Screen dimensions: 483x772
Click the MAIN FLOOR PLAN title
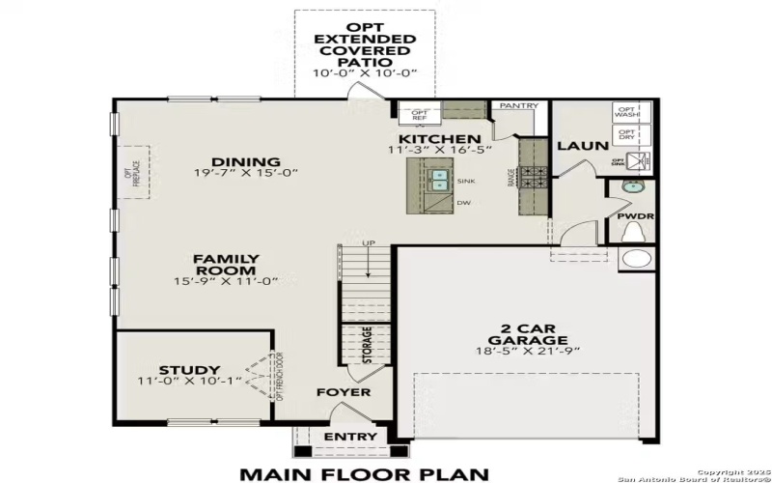pos(365,473)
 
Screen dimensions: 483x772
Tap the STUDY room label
pos(189,370)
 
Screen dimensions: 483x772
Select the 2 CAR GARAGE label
pos(527,333)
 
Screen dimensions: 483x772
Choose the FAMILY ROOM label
pos(226,265)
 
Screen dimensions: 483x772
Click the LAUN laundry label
pos(582,146)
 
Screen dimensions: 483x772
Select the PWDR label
pos(635,216)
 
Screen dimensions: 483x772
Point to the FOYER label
pos(344,392)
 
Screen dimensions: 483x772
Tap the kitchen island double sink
pos(439,181)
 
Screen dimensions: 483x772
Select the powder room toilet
pos(634,233)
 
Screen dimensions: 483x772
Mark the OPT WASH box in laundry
pos(626,112)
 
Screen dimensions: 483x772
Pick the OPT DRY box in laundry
pos(626,134)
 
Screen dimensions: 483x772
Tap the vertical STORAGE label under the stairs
pos(367,346)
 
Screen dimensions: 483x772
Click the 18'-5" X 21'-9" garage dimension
pos(527,350)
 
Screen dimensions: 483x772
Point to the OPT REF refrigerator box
pos(420,114)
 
